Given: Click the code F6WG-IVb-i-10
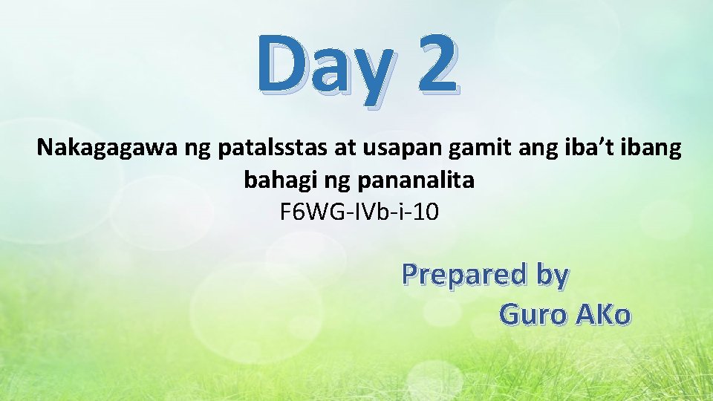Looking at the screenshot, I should pos(359,212).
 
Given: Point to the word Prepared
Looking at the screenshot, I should pos(463,275).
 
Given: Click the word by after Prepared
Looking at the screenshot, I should pos(551,275).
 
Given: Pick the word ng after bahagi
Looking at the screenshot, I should pos(328,180).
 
